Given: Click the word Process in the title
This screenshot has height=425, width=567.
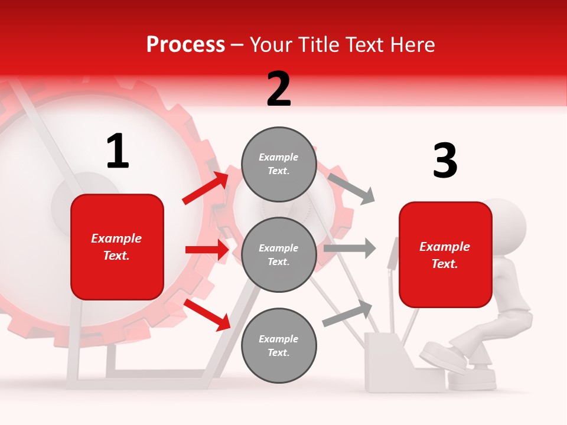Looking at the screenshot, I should click(x=185, y=45).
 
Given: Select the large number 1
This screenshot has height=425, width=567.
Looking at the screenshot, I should click(x=118, y=152).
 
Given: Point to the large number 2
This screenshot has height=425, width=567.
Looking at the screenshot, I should click(x=279, y=89).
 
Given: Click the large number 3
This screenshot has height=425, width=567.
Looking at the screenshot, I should click(x=445, y=161).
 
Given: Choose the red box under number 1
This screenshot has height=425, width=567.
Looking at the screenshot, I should click(x=117, y=247).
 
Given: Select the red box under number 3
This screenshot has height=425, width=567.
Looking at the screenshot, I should click(x=445, y=254).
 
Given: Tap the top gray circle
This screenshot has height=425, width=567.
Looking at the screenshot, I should click(x=279, y=164).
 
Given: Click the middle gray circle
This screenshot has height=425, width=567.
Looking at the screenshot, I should click(x=279, y=254).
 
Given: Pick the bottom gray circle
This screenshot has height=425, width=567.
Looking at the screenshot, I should click(x=279, y=345).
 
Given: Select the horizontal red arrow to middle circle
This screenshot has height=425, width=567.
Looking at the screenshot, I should click(x=207, y=250).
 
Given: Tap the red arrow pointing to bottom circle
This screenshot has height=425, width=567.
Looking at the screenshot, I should click(x=207, y=314).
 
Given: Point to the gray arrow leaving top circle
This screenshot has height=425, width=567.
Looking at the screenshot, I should click(x=351, y=188).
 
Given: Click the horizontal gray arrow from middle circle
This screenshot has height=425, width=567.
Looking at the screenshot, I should click(x=349, y=249).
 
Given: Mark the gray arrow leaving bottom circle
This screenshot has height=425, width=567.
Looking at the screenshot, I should click(x=347, y=313).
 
